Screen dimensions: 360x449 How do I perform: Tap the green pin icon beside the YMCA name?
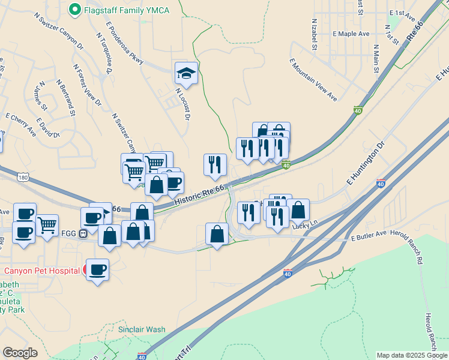[x=75, y=10]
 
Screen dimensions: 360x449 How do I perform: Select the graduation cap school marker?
[x=186, y=74]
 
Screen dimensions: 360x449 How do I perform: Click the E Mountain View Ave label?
[x=313, y=80]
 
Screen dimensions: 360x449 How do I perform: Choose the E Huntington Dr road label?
[x=364, y=163]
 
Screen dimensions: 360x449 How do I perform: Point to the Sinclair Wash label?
[x=141, y=329]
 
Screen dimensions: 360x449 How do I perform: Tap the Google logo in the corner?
[x=20, y=353]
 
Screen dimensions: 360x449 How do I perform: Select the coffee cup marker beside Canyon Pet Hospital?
[x=97, y=269]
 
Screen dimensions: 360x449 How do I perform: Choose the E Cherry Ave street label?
[x=20, y=124]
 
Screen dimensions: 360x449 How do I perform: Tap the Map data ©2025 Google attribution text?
[x=412, y=355]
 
